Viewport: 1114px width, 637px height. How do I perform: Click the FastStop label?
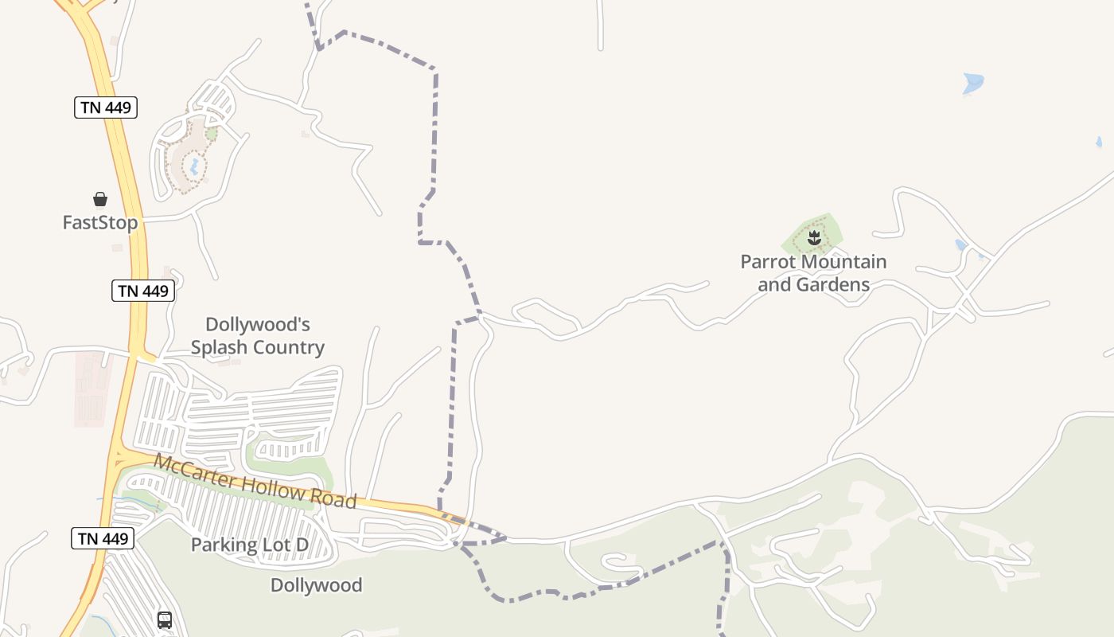pos(100,222)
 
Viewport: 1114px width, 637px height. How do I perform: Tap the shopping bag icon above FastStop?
pos(100,198)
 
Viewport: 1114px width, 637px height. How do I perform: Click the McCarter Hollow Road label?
pos(255,481)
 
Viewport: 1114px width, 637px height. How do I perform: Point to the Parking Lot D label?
pos(249,545)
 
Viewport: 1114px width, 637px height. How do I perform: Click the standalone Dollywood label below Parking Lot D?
pos(316,585)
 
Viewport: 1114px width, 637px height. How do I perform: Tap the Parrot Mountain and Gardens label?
pos(813,272)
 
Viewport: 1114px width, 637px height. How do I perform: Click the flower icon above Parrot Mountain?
pos(814,237)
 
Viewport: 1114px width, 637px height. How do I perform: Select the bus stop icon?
pos(165,619)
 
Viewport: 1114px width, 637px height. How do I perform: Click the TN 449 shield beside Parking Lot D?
pos(103,538)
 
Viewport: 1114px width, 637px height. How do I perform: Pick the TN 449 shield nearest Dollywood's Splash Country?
pos(143,291)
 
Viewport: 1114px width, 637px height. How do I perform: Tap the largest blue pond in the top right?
pos(973,82)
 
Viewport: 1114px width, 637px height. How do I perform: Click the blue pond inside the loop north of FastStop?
pos(192,166)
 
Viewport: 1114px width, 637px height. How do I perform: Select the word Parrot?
pos(766,261)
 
